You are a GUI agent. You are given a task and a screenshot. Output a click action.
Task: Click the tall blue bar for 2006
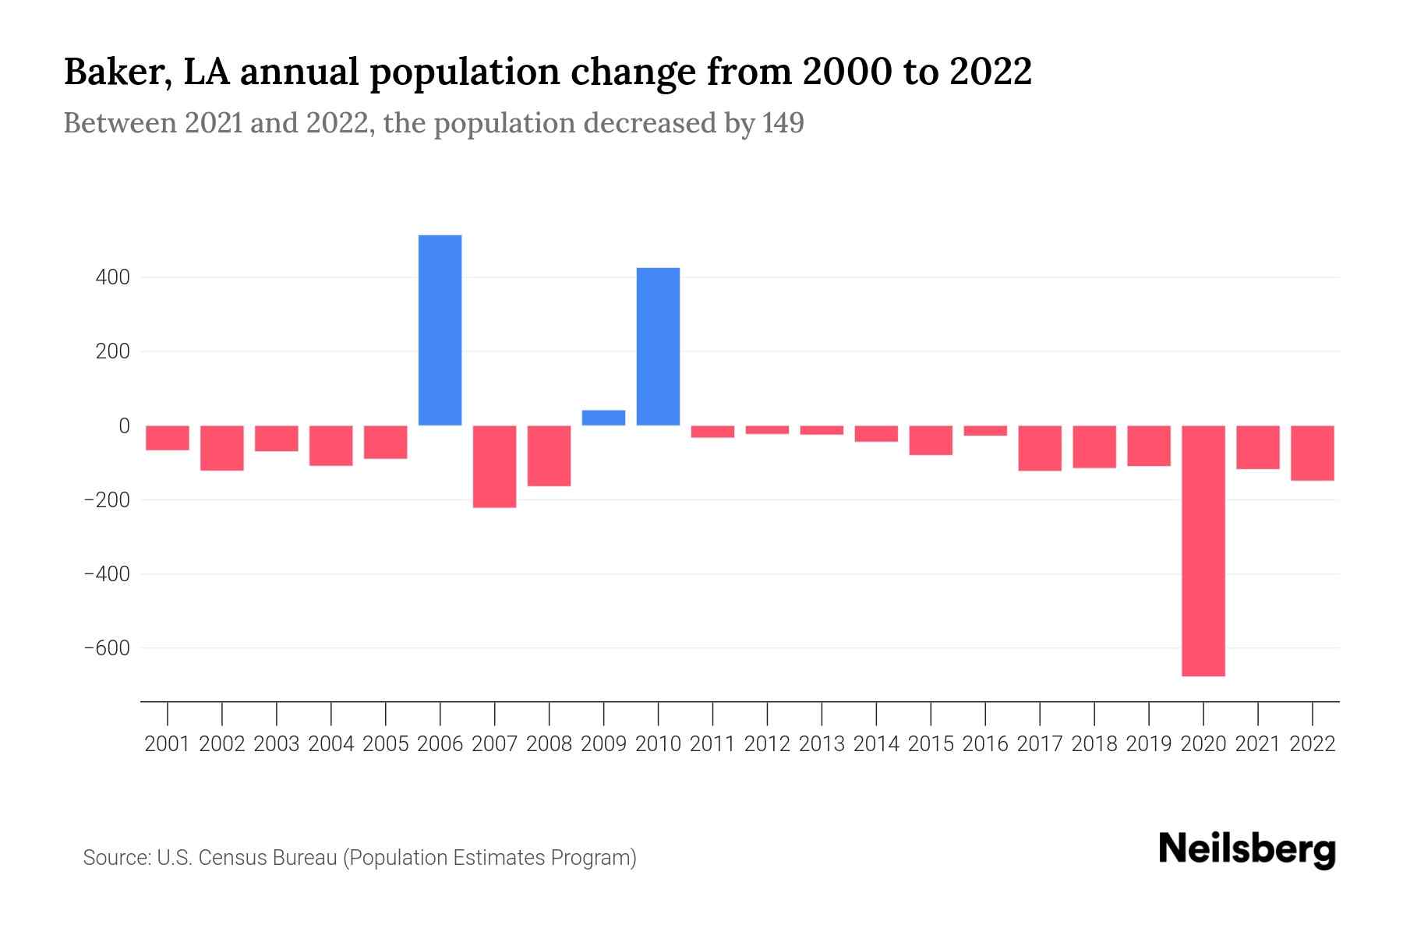440,330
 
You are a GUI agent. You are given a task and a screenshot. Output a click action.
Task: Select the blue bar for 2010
658,346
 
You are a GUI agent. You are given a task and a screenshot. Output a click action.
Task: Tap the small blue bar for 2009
603,418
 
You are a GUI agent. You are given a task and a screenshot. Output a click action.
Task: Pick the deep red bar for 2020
1203,550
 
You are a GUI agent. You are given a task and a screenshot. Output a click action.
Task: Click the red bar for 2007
494,466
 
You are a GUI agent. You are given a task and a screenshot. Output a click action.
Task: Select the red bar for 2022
1312,453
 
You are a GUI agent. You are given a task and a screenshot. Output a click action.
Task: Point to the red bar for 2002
222,448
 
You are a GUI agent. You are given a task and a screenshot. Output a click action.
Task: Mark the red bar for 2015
931,440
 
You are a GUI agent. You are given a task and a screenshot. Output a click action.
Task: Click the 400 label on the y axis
113,277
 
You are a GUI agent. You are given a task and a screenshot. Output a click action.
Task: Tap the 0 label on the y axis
124,425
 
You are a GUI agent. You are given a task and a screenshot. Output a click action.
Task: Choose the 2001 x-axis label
168,744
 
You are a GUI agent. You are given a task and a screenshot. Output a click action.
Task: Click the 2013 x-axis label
822,744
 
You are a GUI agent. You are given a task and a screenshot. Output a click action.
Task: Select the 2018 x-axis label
1094,744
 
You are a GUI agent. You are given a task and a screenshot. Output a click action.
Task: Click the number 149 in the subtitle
783,123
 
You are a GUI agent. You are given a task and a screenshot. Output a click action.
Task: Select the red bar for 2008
549,456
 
